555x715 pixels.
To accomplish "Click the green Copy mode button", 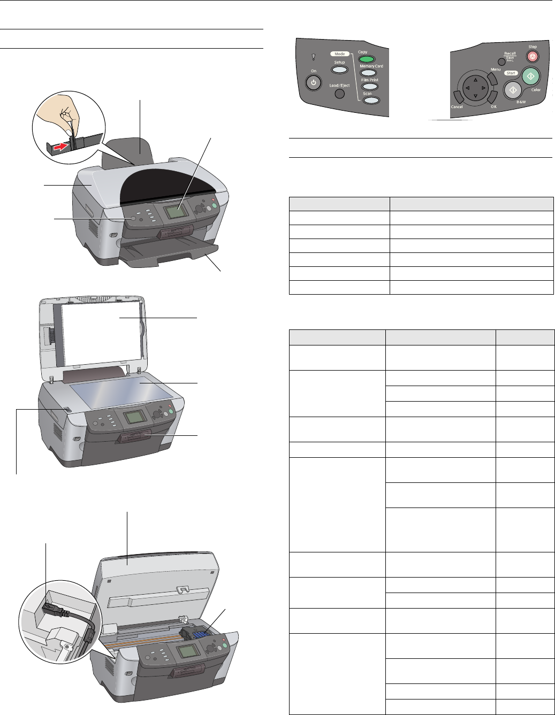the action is click(367, 59).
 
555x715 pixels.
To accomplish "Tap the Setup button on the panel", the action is click(339, 70).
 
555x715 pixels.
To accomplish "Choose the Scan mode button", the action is click(370, 99).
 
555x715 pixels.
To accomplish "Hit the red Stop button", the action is click(532, 56).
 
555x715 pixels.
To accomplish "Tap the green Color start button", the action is click(530, 76).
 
